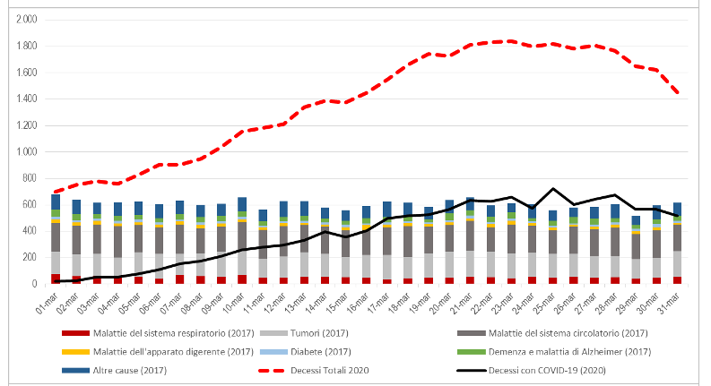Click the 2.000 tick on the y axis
click(x=27, y=19)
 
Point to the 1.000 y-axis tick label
click(x=27, y=151)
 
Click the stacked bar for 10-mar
click(x=241, y=242)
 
